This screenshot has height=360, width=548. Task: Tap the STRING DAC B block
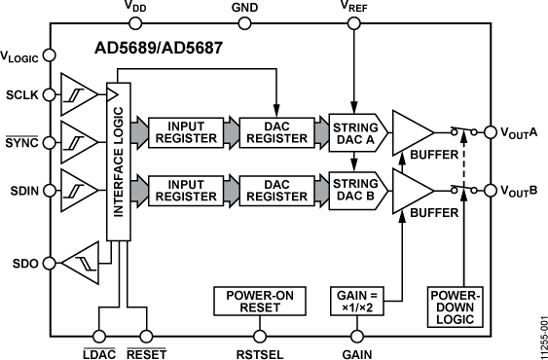tap(354, 187)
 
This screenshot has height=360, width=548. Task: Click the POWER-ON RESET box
tap(252, 301)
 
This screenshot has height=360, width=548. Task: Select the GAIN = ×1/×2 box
tap(353, 301)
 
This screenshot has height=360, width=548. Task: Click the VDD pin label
tap(137, 9)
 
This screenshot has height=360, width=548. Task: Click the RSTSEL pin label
tap(252, 347)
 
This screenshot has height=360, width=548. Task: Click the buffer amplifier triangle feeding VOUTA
tap(410, 133)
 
